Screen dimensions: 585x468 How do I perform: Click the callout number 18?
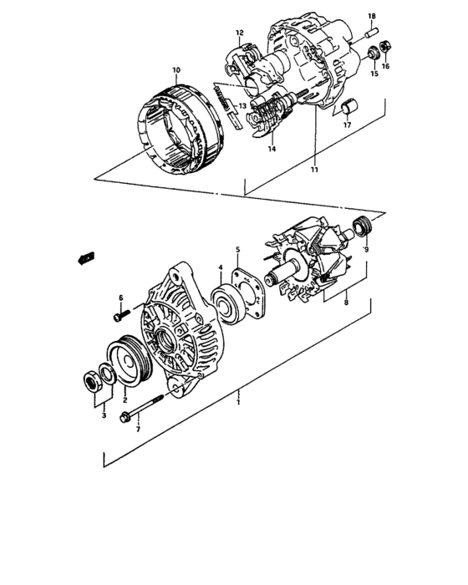372,16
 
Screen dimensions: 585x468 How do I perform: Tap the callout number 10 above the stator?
175,69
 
